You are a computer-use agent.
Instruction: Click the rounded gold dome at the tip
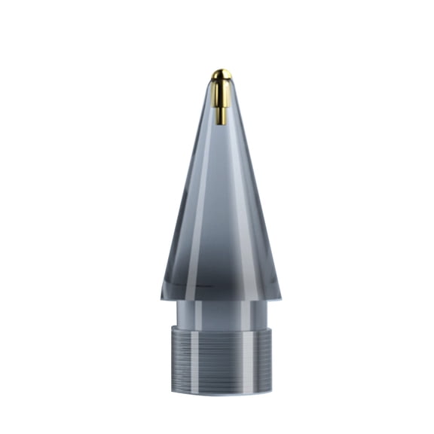pyautogui.click(x=221, y=74)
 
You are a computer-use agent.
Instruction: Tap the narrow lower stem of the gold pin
pyautogui.click(x=221, y=114)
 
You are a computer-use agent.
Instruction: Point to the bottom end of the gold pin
pyautogui.click(x=221, y=123)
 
